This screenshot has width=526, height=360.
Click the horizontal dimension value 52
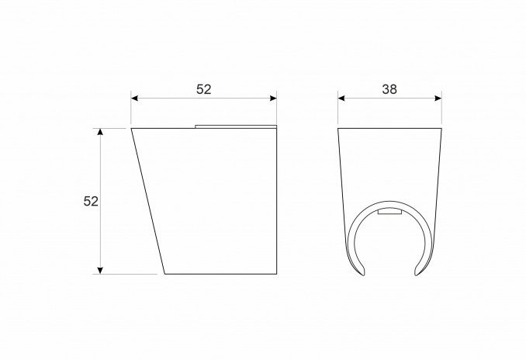203,89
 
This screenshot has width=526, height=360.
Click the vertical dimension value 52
91,201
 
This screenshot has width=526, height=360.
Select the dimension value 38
389,89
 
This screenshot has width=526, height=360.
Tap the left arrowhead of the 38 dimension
341,99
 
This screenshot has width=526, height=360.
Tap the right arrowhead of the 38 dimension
438,99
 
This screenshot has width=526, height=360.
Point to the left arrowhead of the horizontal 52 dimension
134,99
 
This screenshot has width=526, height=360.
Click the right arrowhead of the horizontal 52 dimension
273,99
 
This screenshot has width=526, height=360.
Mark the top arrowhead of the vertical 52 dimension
100,132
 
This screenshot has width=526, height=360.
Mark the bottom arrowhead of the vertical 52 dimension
100,271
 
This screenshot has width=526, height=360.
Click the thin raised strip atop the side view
236,126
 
